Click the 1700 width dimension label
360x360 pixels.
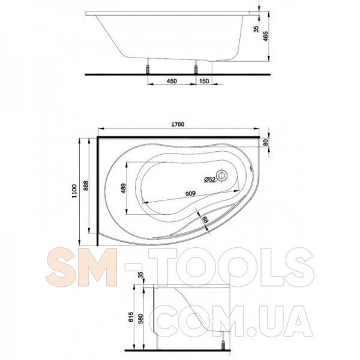click(x=178, y=124)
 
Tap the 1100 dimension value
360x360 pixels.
click(x=74, y=191)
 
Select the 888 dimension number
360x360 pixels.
click(x=86, y=185)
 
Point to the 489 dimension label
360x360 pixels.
click(x=124, y=188)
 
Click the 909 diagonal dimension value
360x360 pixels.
click(x=190, y=193)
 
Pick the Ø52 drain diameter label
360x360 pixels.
click(x=210, y=179)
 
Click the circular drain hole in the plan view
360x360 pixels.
click(x=222, y=176)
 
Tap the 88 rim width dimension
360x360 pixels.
click(x=205, y=220)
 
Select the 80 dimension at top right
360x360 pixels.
click(x=266, y=143)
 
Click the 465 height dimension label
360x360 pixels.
click(x=265, y=36)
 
